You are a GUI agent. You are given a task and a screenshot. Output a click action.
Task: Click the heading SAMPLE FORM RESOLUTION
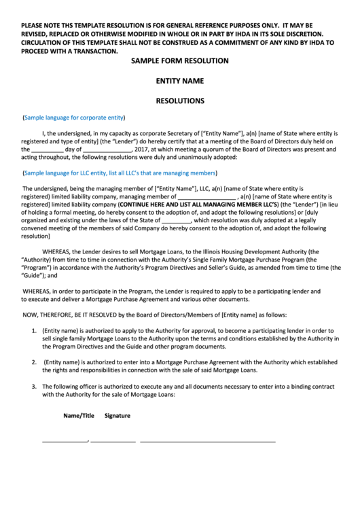pos(180,61)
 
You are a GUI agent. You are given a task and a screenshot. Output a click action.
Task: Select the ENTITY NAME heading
pos(180,81)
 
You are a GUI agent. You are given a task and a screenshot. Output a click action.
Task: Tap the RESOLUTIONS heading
pos(180,101)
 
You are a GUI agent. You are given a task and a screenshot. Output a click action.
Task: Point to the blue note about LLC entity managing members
pos(120,173)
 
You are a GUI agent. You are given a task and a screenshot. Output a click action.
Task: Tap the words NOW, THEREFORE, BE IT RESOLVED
pos(65,315)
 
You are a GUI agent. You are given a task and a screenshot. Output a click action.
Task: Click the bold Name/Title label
pos(79,415)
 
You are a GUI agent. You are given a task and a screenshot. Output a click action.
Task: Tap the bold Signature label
pos(118,415)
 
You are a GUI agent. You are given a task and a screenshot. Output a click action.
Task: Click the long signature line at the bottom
pos(207,442)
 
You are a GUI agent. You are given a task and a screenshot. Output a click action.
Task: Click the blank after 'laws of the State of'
pos(177,221)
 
